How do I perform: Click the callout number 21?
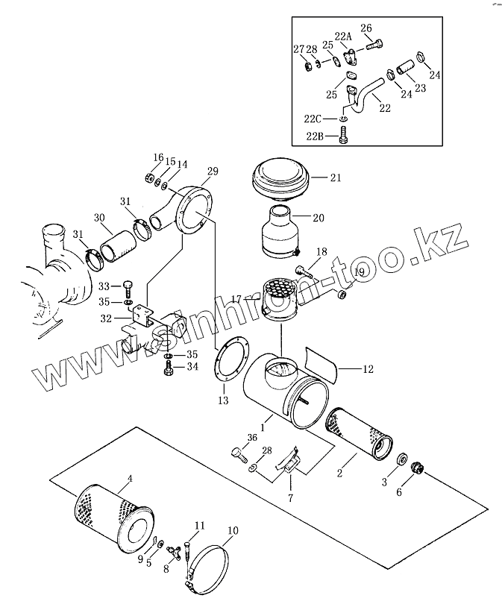click(x=336, y=178)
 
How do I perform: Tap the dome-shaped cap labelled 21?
click(x=280, y=180)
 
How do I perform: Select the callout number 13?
click(x=223, y=400)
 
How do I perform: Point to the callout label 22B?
click(x=315, y=136)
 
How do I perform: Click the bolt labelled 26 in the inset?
click(x=374, y=44)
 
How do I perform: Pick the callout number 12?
click(x=368, y=368)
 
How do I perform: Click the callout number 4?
click(x=131, y=479)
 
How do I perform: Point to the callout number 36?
click(x=253, y=438)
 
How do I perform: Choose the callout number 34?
click(x=192, y=367)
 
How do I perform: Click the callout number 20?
click(x=319, y=218)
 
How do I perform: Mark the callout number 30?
click(x=100, y=218)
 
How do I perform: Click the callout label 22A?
click(x=343, y=37)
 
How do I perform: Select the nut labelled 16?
click(x=148, y=178)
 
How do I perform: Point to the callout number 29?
click(x=213, y=172)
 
